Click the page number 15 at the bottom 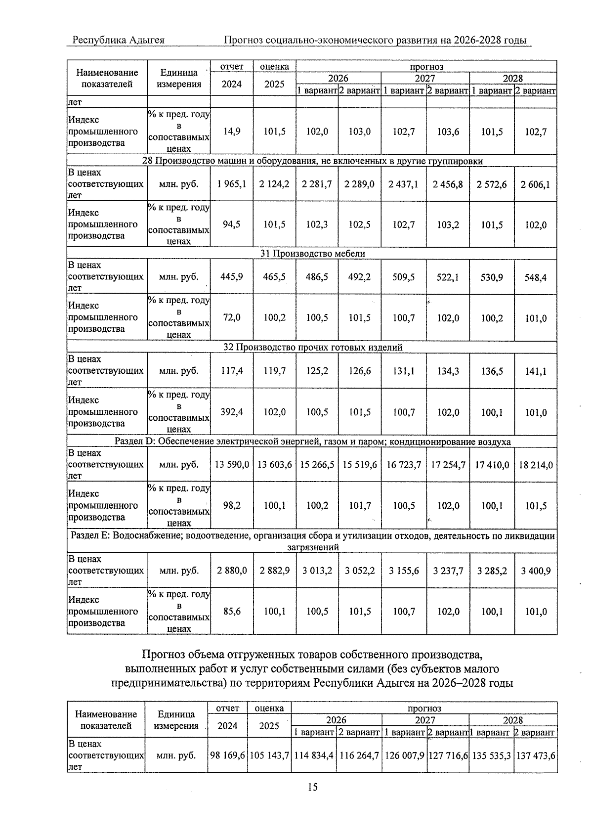coord(312,787)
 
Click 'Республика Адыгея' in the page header coord(118,40)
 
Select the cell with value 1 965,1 coord(231,184)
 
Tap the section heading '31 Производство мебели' coord(312,254)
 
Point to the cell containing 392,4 coord(231,412)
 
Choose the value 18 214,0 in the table coord(536,465)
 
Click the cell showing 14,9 coord(231,132)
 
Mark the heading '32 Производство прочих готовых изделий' coord(312,347)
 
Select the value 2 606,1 coord(536,184)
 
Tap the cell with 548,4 coord(536,277)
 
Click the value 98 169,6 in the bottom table coord(227,755)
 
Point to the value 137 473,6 coord(536,755)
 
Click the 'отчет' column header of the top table coord(231,66)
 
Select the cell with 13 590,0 coord(231,465)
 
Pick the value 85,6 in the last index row coord(231,612)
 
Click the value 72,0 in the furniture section coord(231,318)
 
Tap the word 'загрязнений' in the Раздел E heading coord(312,547)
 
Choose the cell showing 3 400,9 coord(536,571)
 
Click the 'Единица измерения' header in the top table coord(178,78)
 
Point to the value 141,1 coord(536,371)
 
